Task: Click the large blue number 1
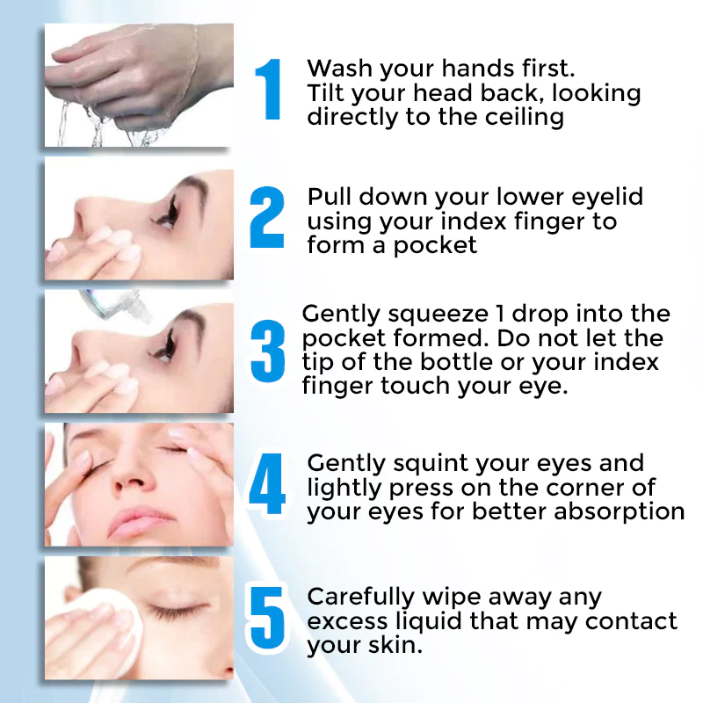click(269, 90)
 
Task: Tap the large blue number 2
click(267, 217)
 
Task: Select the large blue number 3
click(268, 351)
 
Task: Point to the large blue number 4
click(267, 484)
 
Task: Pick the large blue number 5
click(267, 619)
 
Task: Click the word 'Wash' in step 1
click(339, 69)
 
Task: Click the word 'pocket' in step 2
click(435, 246)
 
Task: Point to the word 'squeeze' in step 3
click(438, 315)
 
